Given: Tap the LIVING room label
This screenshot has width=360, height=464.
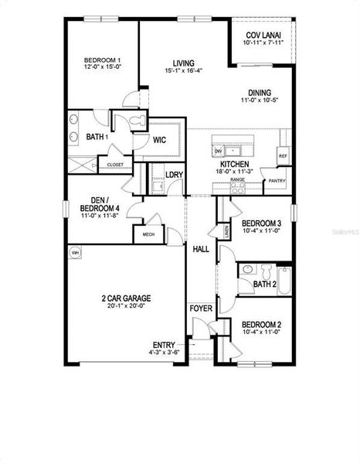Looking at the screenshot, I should click(x=183, y=63).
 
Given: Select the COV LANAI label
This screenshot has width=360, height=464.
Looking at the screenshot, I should click(x=263, y=36).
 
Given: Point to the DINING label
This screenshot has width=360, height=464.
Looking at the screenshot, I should click(x=254, y=90).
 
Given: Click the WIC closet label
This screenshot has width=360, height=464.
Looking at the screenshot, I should click(x=160, y=140).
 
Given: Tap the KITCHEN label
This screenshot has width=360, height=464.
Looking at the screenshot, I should click(x=234, y=165).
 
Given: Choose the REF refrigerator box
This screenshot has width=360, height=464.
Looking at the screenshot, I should click(x=282, y=155).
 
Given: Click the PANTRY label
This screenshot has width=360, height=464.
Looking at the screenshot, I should click(x=276, y=181).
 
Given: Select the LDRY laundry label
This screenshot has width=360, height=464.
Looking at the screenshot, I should click(x=175, y=175).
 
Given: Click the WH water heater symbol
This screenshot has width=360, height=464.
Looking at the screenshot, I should click(x=76, y=253).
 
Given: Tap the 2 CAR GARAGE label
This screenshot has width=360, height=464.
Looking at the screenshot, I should click(x=125, y=297).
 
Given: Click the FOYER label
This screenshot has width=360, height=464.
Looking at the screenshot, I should click(x=201, y=309).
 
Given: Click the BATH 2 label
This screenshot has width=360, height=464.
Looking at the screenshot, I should click(x=265, y=285).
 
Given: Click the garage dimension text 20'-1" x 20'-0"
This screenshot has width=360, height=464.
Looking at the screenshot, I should click(x=125, y=305).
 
